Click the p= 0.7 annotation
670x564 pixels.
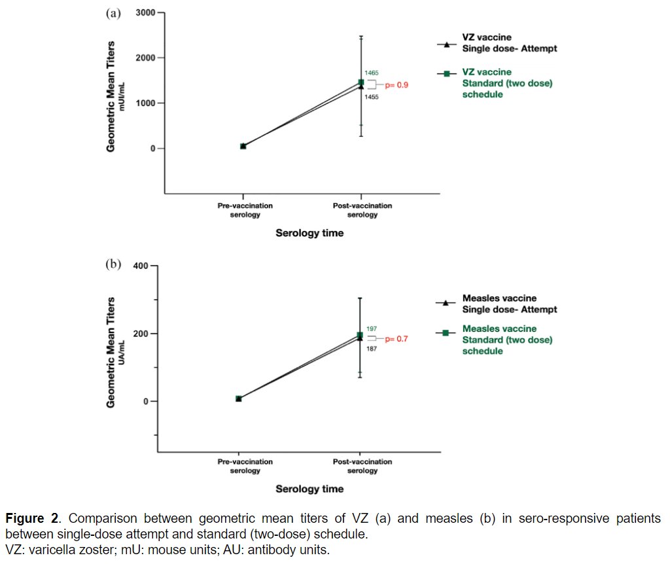[396, 339]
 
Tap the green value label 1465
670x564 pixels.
[371, 73]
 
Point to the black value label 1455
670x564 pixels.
[370, 97]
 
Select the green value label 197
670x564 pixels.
[370, 328]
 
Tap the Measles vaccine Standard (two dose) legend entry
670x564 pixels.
[506, 340]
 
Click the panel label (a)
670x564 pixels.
[113, 14]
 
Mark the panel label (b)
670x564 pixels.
[113, 264]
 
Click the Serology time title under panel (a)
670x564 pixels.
[309, 233]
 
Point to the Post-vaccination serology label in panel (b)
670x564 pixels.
[362, 466]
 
